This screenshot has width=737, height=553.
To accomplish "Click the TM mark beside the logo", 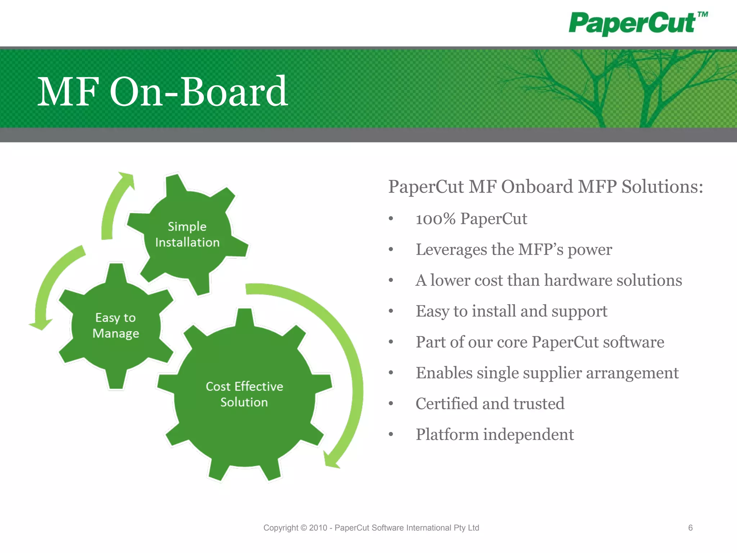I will tap(702, 15).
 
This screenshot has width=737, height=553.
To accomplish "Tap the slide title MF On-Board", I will tap(163, 92).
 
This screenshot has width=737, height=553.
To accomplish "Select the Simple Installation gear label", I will tap(187, 234).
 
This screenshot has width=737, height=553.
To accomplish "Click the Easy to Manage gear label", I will tap(116, 325).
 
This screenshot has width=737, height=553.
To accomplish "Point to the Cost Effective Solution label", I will tap(244, 394).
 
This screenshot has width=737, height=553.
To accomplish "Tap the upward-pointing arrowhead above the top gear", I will tap(127, 179).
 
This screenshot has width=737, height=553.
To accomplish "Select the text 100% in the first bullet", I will tap(435, 219).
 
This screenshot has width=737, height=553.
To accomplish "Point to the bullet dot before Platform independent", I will tap(391, 435).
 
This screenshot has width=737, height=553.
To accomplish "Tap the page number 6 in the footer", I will tap(690, 528).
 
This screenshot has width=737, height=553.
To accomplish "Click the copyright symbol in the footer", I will tap(304, 528).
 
